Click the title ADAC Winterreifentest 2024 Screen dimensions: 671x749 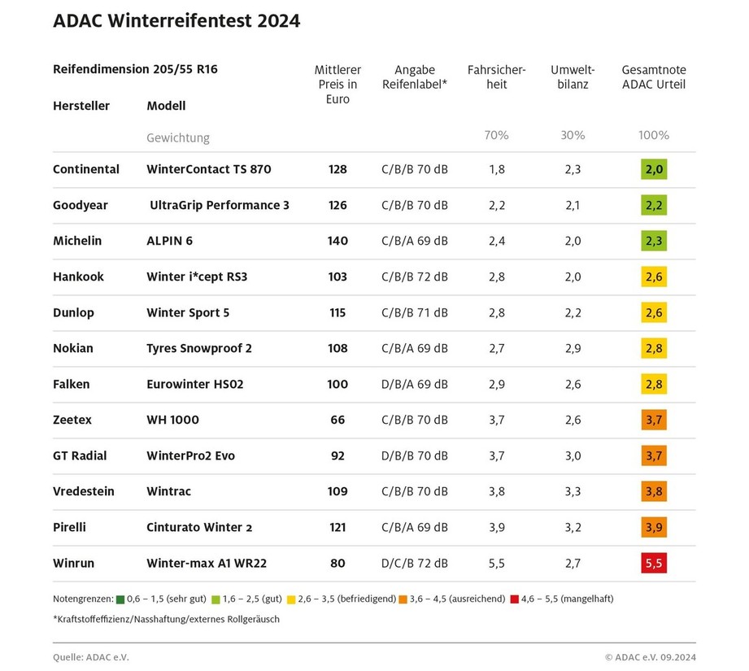(176, 21)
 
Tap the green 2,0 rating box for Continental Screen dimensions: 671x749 (653, 169)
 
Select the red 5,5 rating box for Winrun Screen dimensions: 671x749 (653, 563)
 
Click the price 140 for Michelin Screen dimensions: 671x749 (337, 241)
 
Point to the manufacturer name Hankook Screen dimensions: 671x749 (78, 277)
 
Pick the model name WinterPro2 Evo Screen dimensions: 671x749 (190, 455)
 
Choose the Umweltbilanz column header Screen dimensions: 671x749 (573, 77)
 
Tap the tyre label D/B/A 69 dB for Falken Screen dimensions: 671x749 (414, 384)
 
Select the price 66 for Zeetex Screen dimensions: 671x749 (337, 420)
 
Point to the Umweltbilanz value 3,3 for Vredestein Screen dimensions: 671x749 (573, 491)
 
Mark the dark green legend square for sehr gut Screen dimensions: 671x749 (121, 599)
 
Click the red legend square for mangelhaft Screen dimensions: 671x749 (514, 599)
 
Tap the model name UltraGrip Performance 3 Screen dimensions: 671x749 (220, 205)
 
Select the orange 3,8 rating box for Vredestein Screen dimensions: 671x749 (653, 491)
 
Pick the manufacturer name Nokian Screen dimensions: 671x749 (73, 348)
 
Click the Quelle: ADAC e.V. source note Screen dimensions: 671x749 (90, 656)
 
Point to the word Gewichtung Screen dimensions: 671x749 (177, 137)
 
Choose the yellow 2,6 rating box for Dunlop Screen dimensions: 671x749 (653, 312)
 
